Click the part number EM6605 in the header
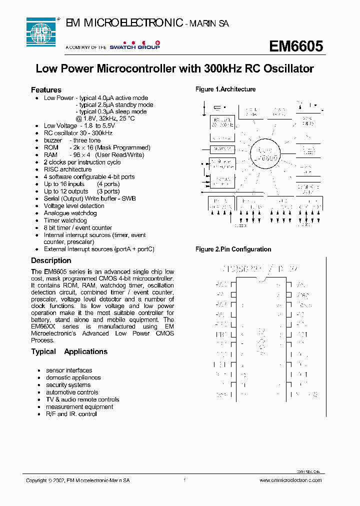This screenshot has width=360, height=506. (296, 46)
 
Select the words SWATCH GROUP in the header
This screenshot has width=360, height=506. (134, 46)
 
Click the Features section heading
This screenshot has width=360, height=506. (46, 90)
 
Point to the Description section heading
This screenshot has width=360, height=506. (51, 260)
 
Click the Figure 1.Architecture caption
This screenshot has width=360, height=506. (225, 89)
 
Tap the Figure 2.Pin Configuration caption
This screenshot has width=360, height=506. (233, 249)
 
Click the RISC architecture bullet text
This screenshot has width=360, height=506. (67, 169)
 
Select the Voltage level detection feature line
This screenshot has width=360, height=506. (74, 206)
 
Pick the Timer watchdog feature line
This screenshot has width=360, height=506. (65, 220)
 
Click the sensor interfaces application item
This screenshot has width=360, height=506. (69, 370)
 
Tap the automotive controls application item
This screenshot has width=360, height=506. (72, 392)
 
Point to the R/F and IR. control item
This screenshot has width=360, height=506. (71, 414)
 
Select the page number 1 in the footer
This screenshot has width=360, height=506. (184, 480)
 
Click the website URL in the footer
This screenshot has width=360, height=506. (290, 480)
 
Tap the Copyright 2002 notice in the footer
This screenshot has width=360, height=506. (77, 480)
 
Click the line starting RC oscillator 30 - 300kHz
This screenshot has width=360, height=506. (78, 133)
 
